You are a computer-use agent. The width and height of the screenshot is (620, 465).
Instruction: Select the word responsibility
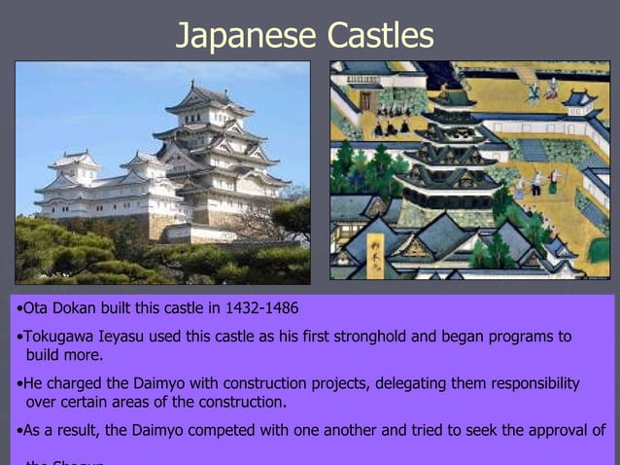534,383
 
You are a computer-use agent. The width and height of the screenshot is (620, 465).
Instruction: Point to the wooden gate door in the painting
363,100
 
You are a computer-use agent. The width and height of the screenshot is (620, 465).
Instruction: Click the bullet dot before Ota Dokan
20,309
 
